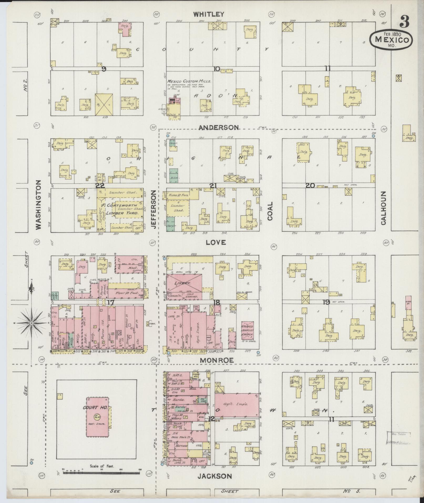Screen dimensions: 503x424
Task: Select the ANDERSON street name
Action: pos(219,128)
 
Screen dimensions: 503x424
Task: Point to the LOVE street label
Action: pos(216,242)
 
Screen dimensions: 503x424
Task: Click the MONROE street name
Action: pos(217,360)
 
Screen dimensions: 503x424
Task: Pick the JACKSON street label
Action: pos(215,476)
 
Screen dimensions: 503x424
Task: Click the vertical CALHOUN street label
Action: pos(383,208)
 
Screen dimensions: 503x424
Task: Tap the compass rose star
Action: pos(32,323)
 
